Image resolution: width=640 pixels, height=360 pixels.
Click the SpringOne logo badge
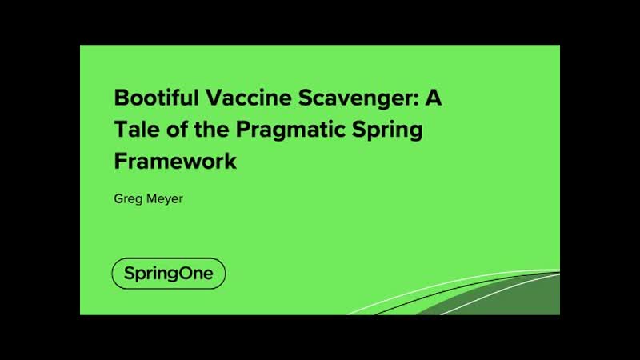click(169, 274)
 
